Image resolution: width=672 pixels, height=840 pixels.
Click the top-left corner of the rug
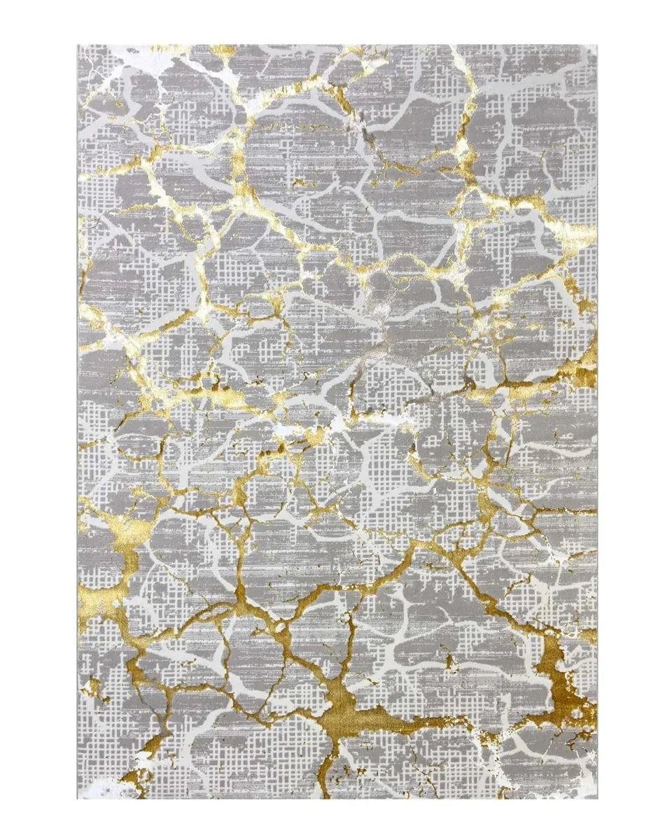(78, 45)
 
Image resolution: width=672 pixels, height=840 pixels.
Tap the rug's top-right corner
(597, 45)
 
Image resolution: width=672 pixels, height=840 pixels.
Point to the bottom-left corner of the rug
(78, 798)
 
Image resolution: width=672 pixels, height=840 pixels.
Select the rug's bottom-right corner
(597, 798)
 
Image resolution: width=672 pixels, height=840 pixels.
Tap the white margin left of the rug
(38, 420)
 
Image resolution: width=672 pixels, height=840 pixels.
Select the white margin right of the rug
(633, 420)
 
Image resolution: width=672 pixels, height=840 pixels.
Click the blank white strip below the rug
(336, 819)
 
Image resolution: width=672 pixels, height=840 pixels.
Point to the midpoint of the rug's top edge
(337, 45)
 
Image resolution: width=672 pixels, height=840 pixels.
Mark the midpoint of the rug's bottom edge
(337, 798)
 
